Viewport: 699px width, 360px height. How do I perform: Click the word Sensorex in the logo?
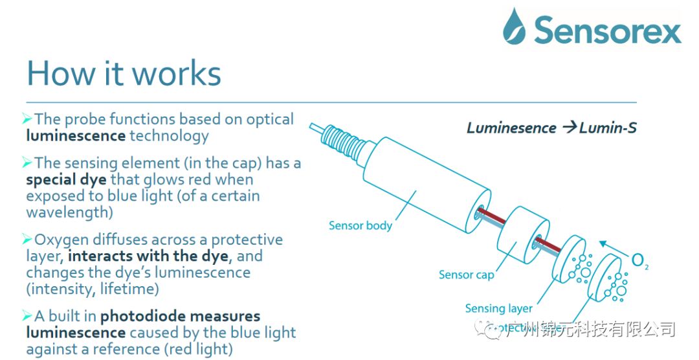point(607,30)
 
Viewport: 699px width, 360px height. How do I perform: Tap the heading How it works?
point(124,73)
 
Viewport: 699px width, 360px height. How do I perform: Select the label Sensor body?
point(361,225)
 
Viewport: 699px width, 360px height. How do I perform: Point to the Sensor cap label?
point(466,275)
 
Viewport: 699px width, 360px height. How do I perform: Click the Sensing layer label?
point(498,308)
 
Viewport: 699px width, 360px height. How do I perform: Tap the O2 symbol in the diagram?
point(639,261)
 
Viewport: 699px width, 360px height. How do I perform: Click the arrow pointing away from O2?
point(611,247)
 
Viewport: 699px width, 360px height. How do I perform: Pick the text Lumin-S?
point(608,128)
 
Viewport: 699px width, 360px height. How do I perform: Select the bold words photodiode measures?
point(181,316)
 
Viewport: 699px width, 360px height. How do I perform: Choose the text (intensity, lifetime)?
point(93,288)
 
